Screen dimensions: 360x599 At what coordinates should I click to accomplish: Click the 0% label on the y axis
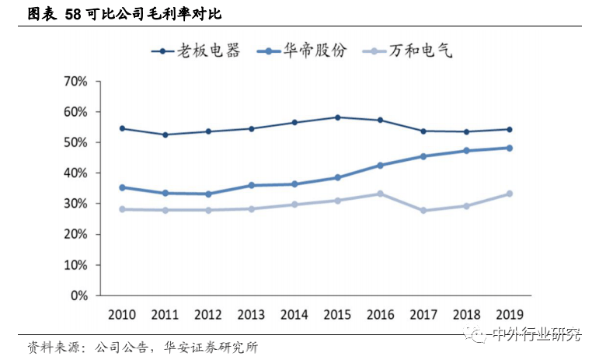[x=82, y=295]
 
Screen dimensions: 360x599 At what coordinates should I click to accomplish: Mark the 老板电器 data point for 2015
[x=337, y=117]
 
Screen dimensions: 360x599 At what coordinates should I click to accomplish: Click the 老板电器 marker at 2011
[x=165, y=135]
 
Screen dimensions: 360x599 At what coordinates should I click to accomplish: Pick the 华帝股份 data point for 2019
[x=510, y=148]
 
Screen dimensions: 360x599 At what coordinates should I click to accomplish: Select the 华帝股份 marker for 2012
[x=208, y=194]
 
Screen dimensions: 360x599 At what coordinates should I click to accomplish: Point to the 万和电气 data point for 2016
[x=381, y=194]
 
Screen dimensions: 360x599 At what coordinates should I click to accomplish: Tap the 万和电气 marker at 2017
[x=423, y=211]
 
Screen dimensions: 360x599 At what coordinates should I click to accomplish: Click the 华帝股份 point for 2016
[x=381, y=165]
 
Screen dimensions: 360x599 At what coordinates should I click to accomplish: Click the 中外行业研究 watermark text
[x=535, y=335]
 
